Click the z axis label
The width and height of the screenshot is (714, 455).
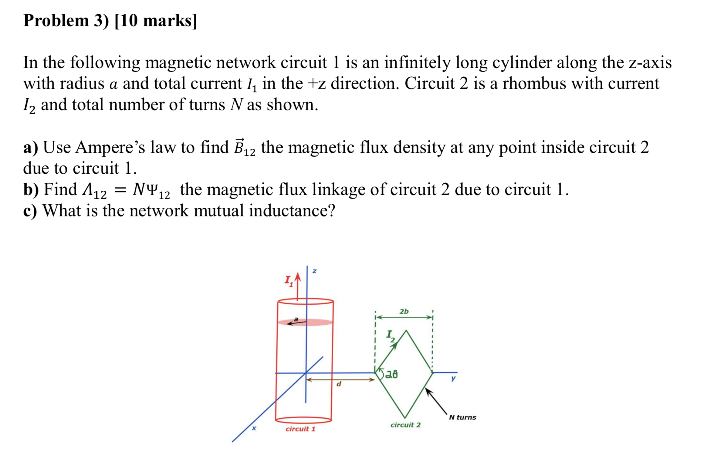click(314, 271)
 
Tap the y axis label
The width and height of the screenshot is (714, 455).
click(453, 378)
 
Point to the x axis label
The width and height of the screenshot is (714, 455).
click(254, 428)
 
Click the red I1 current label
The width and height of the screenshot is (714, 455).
click(289, 280)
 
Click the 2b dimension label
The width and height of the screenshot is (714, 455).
click(404, 311)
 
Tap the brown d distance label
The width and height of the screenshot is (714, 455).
click(339, 384)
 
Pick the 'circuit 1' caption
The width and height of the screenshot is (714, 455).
click(300, 429)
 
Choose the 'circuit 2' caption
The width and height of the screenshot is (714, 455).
click(405, 425)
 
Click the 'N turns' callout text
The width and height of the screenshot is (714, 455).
click(462, 417)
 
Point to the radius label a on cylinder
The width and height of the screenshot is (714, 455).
click(296, 319)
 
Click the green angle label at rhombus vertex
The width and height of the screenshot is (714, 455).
click(391, 374)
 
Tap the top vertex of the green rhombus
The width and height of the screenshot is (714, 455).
click(406, 331)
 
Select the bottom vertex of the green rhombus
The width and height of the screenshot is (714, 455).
click(404, 418)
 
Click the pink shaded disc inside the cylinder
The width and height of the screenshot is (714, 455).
click(319, 322)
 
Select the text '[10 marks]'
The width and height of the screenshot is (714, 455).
click(156, 21)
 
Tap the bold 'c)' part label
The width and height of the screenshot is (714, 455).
click(30, 210)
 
